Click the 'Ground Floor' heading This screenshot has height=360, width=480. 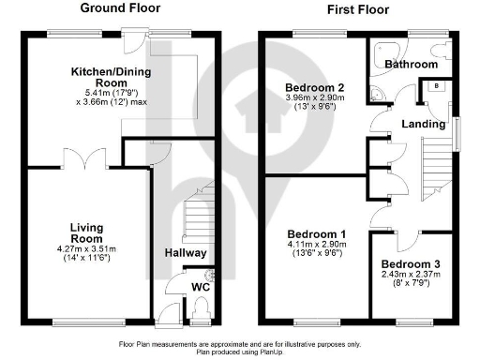tap(120, 8)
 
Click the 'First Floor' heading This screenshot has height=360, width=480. tap(358, 8)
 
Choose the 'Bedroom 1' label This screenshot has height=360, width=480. tap(316, 233)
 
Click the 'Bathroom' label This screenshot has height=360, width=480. tap(412, 65)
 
